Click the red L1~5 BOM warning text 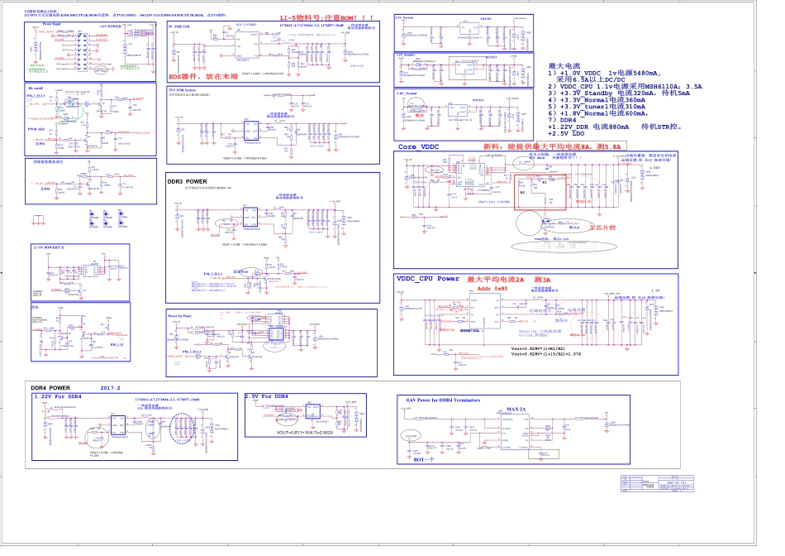coord(315,17)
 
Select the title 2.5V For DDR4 coord(266,396)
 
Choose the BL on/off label coord(36,87)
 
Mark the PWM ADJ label coord(37,129)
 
